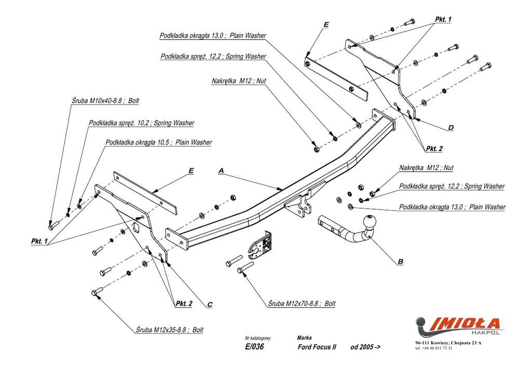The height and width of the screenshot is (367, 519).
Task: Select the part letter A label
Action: point(221,170)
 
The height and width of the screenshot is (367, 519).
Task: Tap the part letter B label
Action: point(400,262)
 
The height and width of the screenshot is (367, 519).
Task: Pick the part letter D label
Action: point(450,127)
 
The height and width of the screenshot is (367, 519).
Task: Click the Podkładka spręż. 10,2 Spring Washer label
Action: point(141,123)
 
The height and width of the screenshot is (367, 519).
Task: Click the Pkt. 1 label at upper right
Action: point(443,19)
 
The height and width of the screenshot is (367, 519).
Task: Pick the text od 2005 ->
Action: point(365,347)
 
